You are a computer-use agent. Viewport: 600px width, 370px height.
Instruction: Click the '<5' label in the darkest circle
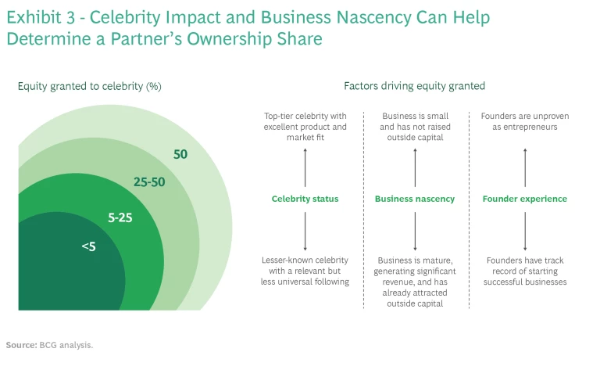[x=88, y=247]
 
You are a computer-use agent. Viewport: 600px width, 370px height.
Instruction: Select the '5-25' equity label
[x=120, y=218]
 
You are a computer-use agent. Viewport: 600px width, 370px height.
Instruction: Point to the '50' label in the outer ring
[x=180, y=154]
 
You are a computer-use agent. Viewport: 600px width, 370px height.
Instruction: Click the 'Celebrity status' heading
[x=305, y=199]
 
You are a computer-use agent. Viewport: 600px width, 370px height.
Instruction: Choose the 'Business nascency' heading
[x=414, y=199]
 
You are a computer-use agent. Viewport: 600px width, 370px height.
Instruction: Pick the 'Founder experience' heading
[x=524, y=199]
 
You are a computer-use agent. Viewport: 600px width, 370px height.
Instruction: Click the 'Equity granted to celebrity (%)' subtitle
[x=89, y=86]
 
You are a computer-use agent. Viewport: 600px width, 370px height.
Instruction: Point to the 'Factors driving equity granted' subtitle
[x=414, y=86]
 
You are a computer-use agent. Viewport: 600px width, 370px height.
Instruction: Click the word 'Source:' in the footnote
[x=21, y=344]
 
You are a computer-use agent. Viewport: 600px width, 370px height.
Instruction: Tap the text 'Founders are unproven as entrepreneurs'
[x=525, y=121]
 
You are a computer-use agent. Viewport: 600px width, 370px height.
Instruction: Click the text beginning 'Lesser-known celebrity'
[x=305, y=265]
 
